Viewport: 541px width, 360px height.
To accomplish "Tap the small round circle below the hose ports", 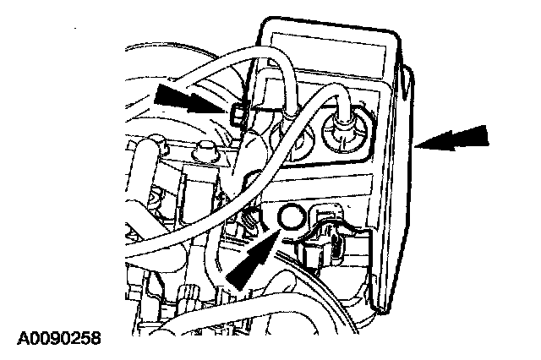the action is coord(289,218).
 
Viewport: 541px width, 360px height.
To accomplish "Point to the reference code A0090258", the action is coord(59,339).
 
